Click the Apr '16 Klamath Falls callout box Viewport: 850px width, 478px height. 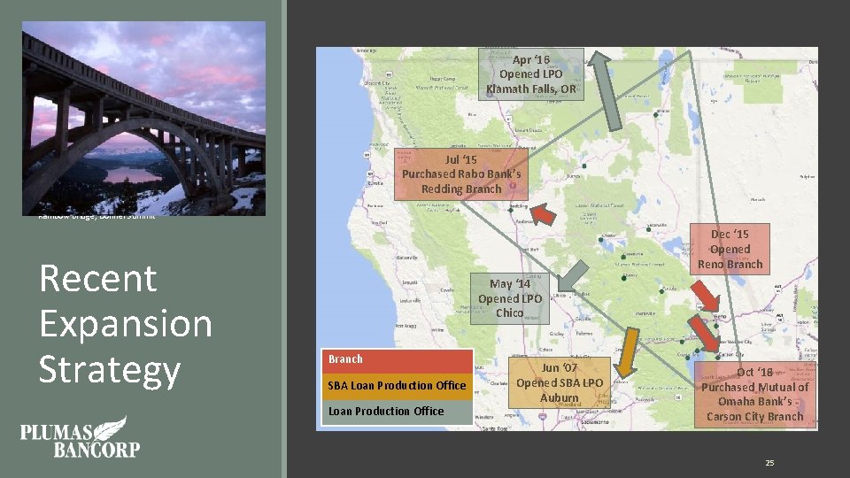pyautogui.click(x=530, y=74)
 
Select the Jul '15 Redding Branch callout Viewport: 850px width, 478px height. pyautogui.click(x=461, y=173)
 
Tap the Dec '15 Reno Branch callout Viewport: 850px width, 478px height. pyautogui.click(x=730, y=249)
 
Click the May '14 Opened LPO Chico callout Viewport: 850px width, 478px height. pyautogui.click(x=510, y=298)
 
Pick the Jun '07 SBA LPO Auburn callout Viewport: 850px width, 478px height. pyautogui.click(x=559, y=382)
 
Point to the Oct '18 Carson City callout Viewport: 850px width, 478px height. pyautogui.click(x=754, y=394)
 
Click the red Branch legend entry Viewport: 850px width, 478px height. pyautogui.click(x=397, y=359)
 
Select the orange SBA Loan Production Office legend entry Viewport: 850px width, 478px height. pyautogui.click(x=397, y=385)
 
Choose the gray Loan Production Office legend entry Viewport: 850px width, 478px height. pyautogui.click(x=397, y=411)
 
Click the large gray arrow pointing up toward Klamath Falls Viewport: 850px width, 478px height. pyautogui.click(x=610, y=89)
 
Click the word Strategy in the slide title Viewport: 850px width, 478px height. pyautogui.click(x=110, y=368)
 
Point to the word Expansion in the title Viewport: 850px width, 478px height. pyautogui.click(x=126, y=323)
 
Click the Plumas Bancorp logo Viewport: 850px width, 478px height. pyautogui.click(x=80, y=437)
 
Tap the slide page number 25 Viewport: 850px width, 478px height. pyautogui.click(x=769, y=463)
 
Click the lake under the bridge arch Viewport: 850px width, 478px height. pyautogui.click(x=133, y=173)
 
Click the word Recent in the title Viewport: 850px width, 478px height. pyautogui.click(x=98, y=278)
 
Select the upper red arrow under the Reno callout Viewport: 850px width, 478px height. pyautogui.click(x=706, y=295)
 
